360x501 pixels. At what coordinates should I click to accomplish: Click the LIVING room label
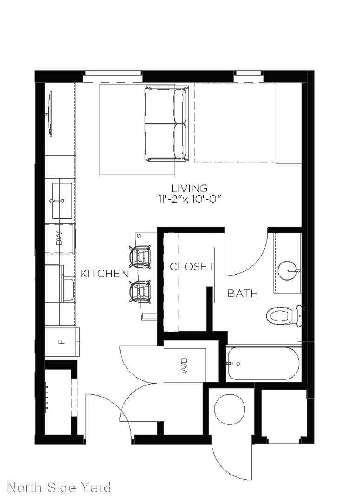coord(189,188)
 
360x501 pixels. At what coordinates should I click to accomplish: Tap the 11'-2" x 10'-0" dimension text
coord(189,199)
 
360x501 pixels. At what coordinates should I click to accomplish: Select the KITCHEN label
coord(104,274)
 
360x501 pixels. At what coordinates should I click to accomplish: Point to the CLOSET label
coord(192,266)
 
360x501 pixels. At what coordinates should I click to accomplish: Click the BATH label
coord(243,293)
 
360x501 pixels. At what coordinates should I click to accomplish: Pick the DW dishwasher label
coord(59,239)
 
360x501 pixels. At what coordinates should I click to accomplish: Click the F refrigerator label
coord(62,342)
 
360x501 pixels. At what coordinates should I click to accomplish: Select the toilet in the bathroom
coord(283,316)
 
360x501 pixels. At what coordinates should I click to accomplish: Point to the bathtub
coord(263,364)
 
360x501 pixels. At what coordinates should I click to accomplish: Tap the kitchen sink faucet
coord(57,201)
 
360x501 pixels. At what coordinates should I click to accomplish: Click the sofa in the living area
coord(166,124)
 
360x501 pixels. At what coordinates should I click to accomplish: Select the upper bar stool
coord(140,257)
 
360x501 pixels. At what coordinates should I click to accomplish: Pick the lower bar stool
coord(140,291)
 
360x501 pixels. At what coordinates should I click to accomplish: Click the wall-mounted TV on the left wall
coord(50,114)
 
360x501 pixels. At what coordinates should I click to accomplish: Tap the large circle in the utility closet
coord(230,409)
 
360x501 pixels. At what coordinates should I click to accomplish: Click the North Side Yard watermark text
coord(59,488)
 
